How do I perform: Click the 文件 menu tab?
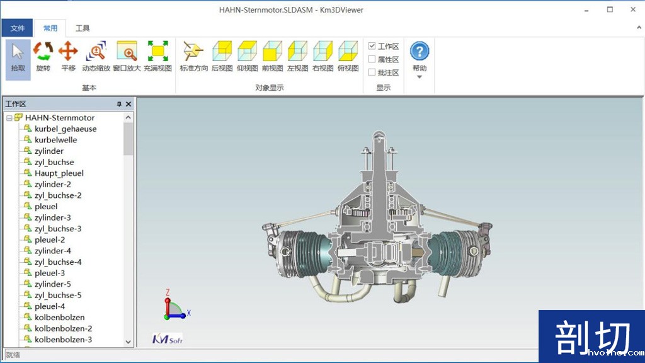(17, 28)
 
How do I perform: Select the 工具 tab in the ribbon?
(83, 28)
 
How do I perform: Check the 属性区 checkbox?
(372, 59)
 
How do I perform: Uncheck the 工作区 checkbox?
(372, 46)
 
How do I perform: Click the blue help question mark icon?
(420, 51)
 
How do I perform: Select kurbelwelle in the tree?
(55, 140)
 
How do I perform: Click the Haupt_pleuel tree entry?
(59, 173)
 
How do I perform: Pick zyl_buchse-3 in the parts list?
(58, 229)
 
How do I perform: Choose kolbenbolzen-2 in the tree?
(63, 328)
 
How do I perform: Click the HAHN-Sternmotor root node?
(60, 118)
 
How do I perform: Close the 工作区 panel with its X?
(128, 104)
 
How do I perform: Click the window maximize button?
(610, 9)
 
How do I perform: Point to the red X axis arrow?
(184, 313)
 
